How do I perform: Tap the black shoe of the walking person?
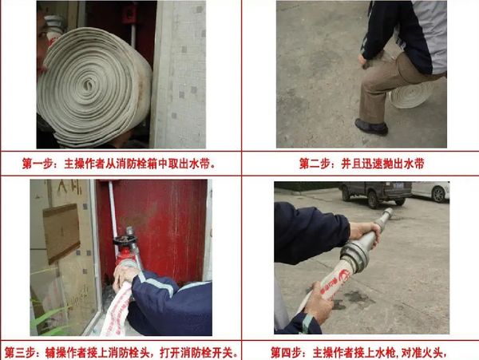(372, 126)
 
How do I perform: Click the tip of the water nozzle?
(389, 213)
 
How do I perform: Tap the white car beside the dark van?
(430, 192)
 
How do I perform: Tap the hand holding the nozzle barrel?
(364, 234)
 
